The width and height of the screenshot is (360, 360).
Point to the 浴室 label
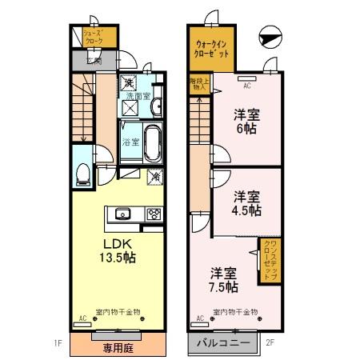pyautogui.click(x=131, y=142)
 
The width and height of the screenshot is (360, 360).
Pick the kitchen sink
pyautogui.click(x=122, y=213)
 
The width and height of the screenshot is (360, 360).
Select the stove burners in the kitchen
pyautogui.click(x=152, y=214)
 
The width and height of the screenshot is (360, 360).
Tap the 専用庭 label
pyautogui.click(x=117, y=347)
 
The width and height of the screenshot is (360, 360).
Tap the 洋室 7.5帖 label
pyautogui.click(x=224, y=279)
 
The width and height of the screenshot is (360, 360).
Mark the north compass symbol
pyautogui.click(x=270, y=36)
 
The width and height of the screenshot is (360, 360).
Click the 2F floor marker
pyautogui.click(x=270, y=344)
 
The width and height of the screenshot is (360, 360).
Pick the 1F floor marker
pyautogui.click(x=58, y=344)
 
